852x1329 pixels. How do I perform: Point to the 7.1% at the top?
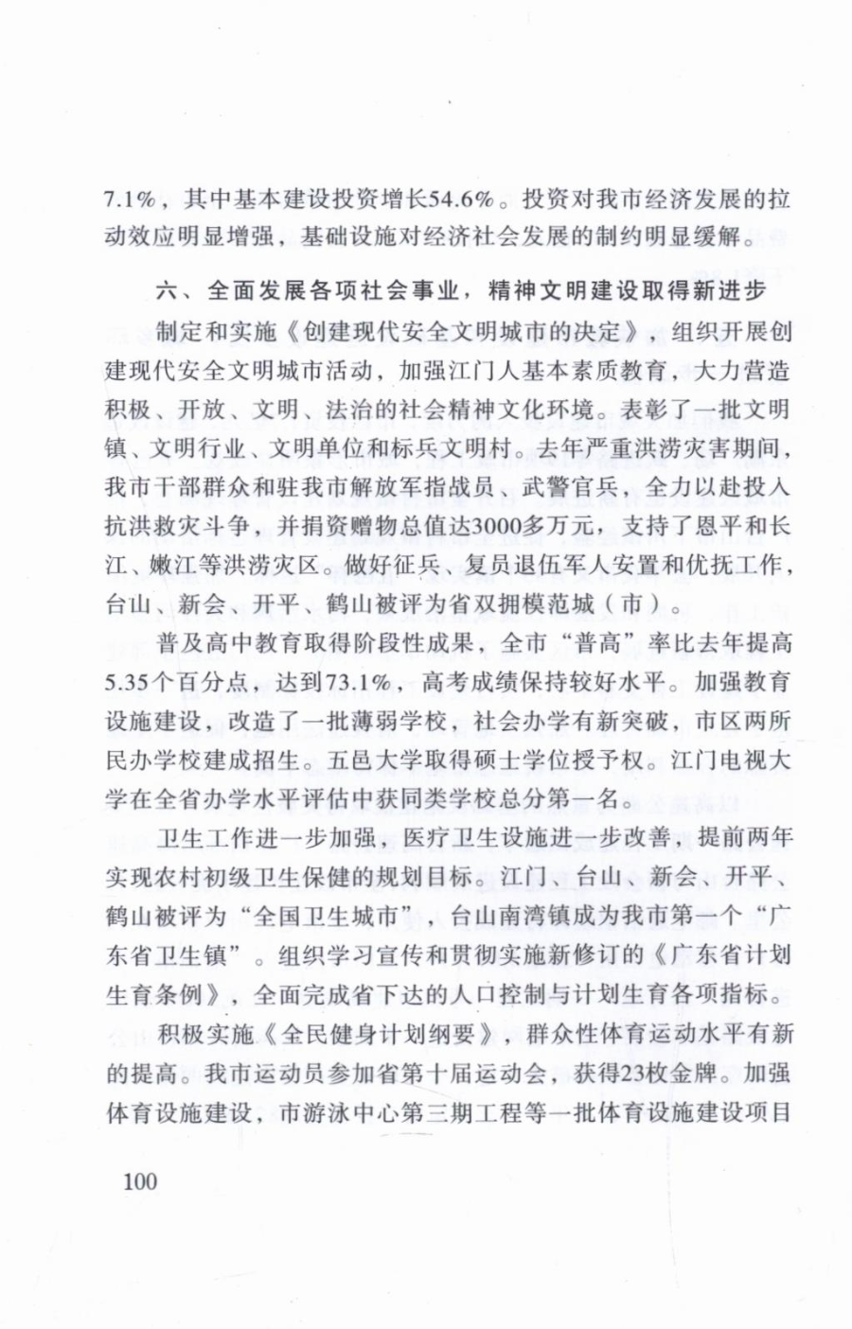click(130, 199)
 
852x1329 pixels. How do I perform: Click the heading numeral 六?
click(168, 290)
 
